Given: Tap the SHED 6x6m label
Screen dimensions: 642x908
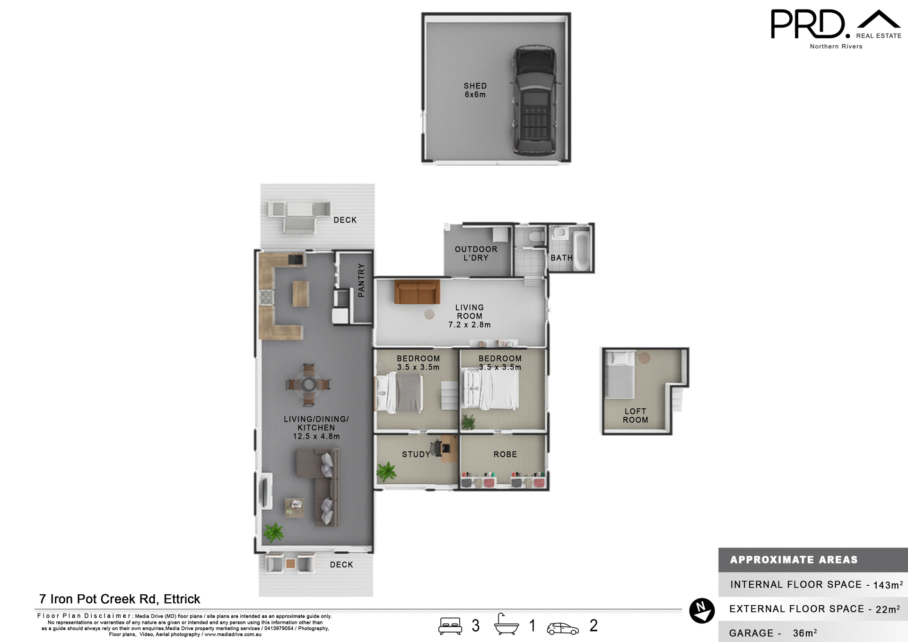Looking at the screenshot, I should tap(475, 90).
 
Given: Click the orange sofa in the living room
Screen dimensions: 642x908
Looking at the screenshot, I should tap(417, 292).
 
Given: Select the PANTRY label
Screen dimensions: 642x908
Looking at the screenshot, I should tap(361, 280).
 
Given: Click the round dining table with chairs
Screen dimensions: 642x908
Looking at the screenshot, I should tap(309, 384).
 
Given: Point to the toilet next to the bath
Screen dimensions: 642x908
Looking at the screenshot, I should tap(536, 236).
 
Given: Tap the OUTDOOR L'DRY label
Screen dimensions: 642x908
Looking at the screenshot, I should tap(476, 254).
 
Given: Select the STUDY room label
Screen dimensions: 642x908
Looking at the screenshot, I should tap(416, 454).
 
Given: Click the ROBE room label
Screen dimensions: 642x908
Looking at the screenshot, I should tap(505, 454).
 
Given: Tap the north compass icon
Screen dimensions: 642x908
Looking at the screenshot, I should tap(702, 610).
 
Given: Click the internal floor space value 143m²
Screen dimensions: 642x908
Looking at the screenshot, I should tap(888, 585).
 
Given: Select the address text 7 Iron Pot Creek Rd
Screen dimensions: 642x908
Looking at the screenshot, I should tap(120, 599).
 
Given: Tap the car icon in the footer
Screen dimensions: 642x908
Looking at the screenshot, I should tap(562, 628).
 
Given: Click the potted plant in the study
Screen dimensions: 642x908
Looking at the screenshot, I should tap(386, 471).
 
